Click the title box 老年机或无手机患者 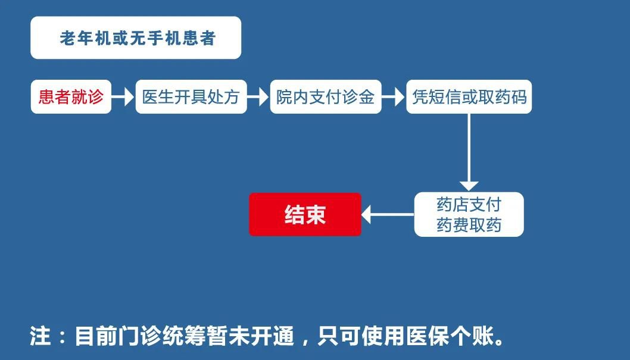click(x=136, y=37)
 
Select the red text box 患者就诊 click(x=71, y=97)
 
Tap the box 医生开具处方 click(x=191, y=97)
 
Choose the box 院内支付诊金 click(x=325, y=97)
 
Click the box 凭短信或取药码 click(x=469, y=97)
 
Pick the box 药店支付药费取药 click(x=469, y=215)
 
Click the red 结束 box click(x=305, y=215)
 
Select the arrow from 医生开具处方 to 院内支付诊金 click(x=258, y=97)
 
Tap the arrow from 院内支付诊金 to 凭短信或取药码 click(x=394, y=97)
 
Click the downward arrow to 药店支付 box click(x=469, y=152)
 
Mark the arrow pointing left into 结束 click(x=388, y=215)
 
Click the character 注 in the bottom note click(x=40, y=337)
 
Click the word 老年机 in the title click(x=82, y=38)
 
